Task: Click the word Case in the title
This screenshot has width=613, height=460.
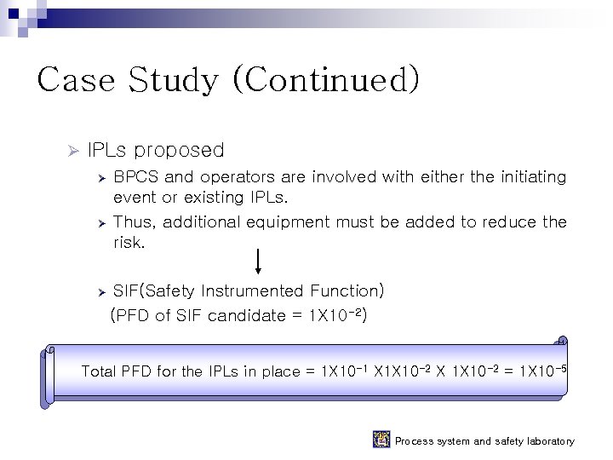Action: coord(77,80)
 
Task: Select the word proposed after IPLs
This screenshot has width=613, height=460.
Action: coord(180,151)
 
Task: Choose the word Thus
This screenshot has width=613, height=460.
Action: coord(133,222)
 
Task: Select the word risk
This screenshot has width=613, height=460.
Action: coord(129,243)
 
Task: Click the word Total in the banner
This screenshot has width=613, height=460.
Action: coord(99,371)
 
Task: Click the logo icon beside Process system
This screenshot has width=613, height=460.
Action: coord(381,440)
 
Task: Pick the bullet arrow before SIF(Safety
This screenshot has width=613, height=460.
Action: coord(100,292)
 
